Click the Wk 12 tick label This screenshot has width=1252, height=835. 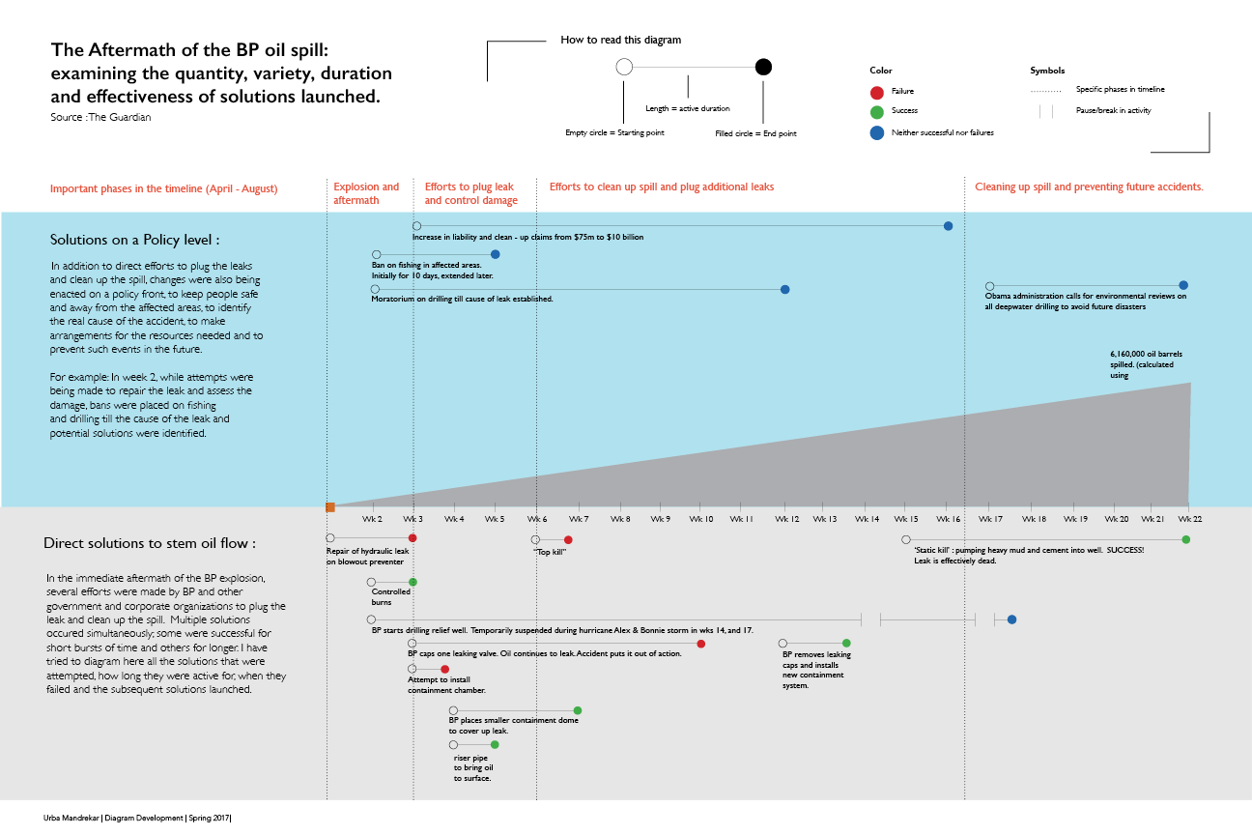[786, 519]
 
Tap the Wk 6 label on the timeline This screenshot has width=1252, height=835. [537, 519]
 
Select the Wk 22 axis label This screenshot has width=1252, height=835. [1190, 519]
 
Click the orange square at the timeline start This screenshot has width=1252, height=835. [330, 507]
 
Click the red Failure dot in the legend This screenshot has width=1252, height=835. [877, 92]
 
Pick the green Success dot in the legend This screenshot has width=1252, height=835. [877, 112]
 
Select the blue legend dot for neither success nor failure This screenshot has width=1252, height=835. [877, 132]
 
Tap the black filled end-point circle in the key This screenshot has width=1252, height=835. [763, 67]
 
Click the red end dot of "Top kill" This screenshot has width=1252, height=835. [568, 539]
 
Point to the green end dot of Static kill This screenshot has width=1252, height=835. [1186, 539]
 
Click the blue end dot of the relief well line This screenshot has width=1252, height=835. [1011, 619]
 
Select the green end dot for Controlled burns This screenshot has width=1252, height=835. [413, 582]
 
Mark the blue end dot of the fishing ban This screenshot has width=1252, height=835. [496, 254]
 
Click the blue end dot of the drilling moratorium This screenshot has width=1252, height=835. [784, 289]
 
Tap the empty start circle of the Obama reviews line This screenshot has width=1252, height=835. [989, 286]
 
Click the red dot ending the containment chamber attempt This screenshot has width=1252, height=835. [445, 669]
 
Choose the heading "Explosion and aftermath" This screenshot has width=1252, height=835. [366, 193]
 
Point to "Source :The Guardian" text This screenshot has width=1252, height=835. [100, 117]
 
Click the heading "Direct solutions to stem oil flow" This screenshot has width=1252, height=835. [150, 543]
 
